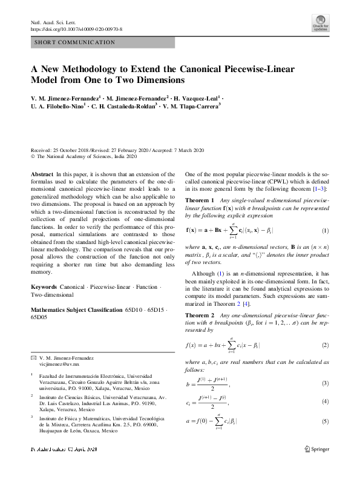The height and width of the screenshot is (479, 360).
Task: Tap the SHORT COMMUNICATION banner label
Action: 76,42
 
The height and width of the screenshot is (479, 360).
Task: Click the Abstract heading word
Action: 41,174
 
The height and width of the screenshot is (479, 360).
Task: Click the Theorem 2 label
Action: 199,315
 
